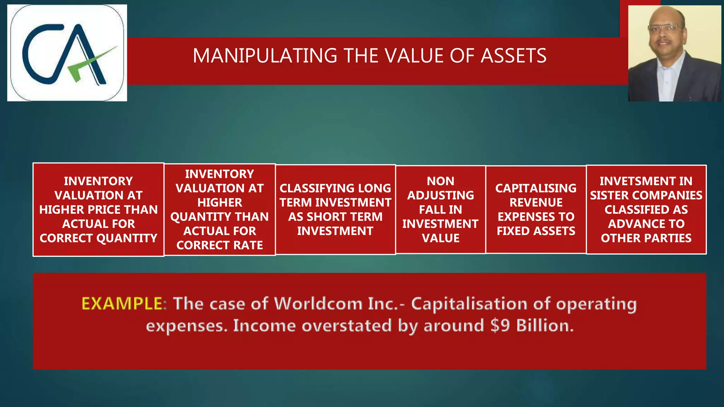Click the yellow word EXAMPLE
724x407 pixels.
(122, 304)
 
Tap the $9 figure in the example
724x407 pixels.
(500, 326)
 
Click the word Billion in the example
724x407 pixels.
(544, 326)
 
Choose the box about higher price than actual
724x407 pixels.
(98, 210)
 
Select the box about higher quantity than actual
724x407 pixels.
(220, 210)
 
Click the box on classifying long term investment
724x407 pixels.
(335, 210)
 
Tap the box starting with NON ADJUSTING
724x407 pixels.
(440, 210)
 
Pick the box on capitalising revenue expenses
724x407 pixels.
(536, 210)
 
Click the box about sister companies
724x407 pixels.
(646, 210)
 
